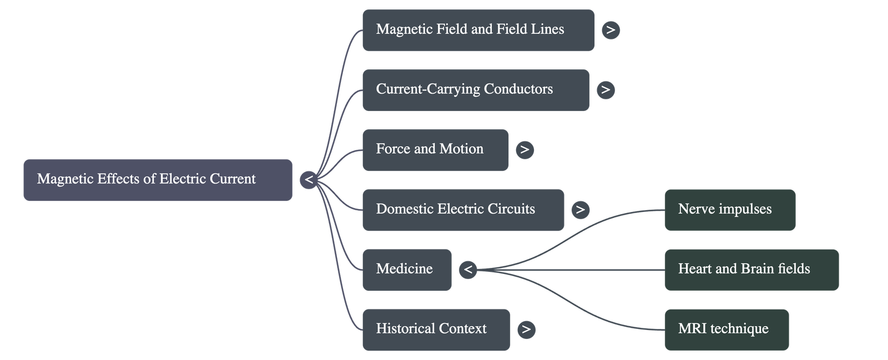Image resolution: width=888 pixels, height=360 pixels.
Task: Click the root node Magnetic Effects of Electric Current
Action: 158,180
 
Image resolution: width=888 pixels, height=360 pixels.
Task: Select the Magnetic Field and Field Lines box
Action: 478,30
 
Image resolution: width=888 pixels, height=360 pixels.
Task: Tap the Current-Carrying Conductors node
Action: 475,90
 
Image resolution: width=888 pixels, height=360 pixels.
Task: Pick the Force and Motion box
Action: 435,150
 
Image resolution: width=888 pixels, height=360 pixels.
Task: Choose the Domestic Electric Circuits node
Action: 463,210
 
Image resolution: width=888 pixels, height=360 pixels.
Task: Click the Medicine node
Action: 406,270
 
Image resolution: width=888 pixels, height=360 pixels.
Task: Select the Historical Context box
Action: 436,329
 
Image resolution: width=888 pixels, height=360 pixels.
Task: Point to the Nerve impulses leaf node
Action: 730,210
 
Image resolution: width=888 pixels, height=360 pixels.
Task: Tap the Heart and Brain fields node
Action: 751,270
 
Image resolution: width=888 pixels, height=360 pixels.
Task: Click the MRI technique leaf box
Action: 726,329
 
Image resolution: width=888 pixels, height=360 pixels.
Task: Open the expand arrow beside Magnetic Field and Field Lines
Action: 610,30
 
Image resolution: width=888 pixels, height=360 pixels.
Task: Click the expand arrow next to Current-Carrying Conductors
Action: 606,90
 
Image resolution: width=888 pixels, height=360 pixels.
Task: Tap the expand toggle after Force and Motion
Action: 524,150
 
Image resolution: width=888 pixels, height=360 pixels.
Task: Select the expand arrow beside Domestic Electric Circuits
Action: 580,210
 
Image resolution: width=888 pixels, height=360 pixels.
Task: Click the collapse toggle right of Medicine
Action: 468,270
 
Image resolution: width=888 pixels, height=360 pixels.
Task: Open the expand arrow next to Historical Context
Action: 526,329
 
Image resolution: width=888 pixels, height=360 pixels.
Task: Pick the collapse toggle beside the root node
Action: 309,180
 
